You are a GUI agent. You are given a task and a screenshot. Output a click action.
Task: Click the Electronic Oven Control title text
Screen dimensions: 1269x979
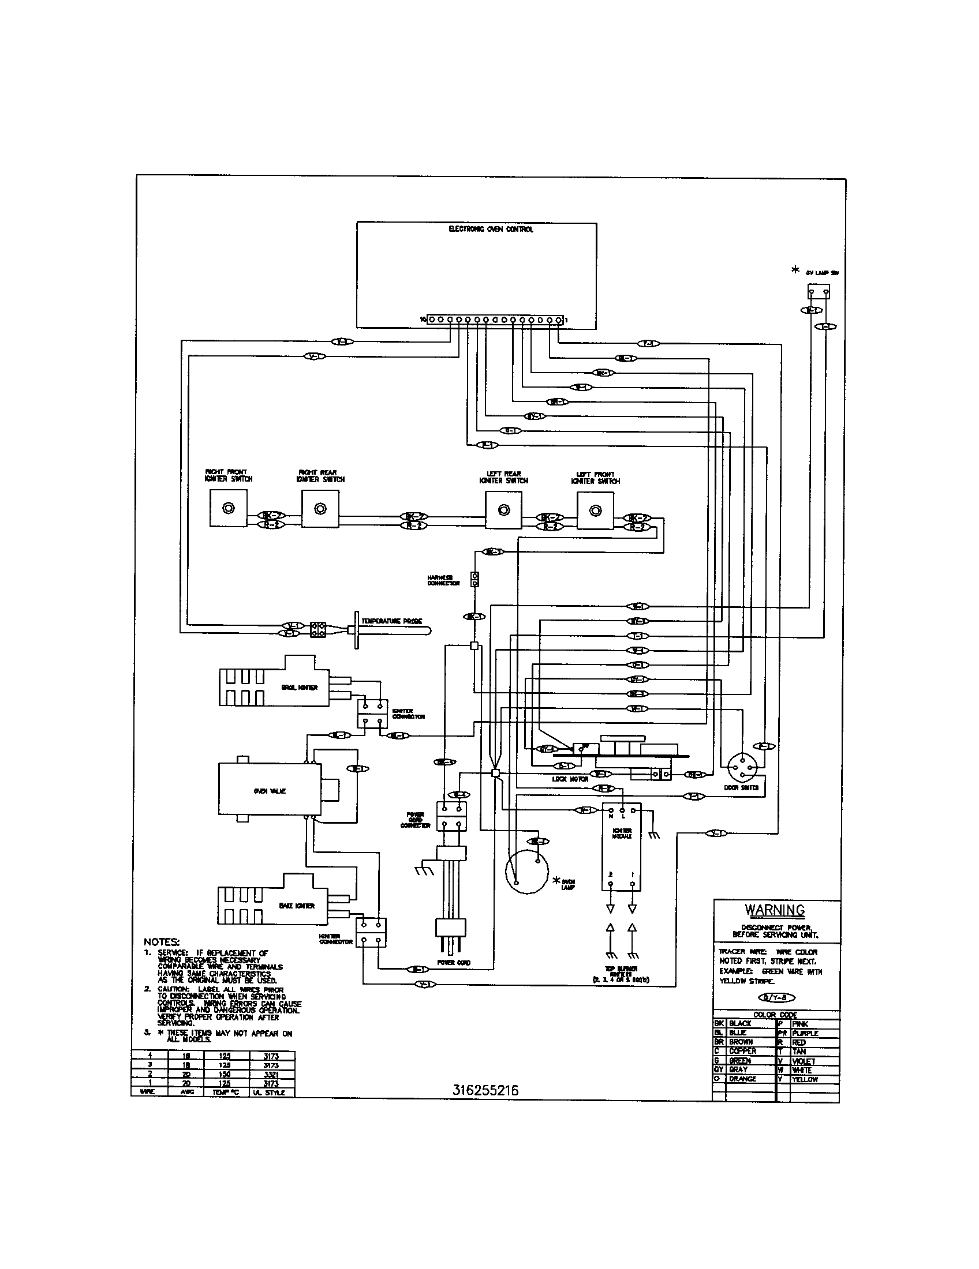click(490, 229)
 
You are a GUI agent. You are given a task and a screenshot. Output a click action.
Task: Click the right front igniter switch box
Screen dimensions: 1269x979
click(228, 508)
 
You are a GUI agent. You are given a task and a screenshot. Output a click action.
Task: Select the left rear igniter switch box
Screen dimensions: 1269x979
click(503, 509)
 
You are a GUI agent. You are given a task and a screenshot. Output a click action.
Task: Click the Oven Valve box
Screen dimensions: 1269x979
click(269, 791)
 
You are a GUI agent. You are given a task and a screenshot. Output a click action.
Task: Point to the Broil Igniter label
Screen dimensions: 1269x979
click(300, 688)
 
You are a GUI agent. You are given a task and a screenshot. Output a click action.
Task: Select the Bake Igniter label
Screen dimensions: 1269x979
click(297, 906)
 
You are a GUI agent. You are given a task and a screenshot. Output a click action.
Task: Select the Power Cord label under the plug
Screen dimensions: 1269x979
click(454, 962)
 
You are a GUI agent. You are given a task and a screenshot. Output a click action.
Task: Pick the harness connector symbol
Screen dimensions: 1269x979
click(474, 579)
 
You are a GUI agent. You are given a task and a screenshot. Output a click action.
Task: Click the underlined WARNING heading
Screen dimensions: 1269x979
click(775, 910)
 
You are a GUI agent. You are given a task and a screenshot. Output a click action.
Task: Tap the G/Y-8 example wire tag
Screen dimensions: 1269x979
click(776, 998)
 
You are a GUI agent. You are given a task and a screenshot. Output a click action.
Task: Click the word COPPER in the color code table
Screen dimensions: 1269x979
click(742, 1051)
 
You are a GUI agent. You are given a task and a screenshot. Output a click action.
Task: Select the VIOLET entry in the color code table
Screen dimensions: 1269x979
click(805, 1060)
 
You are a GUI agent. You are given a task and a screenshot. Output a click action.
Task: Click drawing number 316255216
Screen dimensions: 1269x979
click(485, 1090)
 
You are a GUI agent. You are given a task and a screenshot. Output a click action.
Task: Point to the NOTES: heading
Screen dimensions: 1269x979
click(162, 942)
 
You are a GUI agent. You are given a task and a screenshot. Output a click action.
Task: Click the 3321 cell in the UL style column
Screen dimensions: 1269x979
click(271, 1075)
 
